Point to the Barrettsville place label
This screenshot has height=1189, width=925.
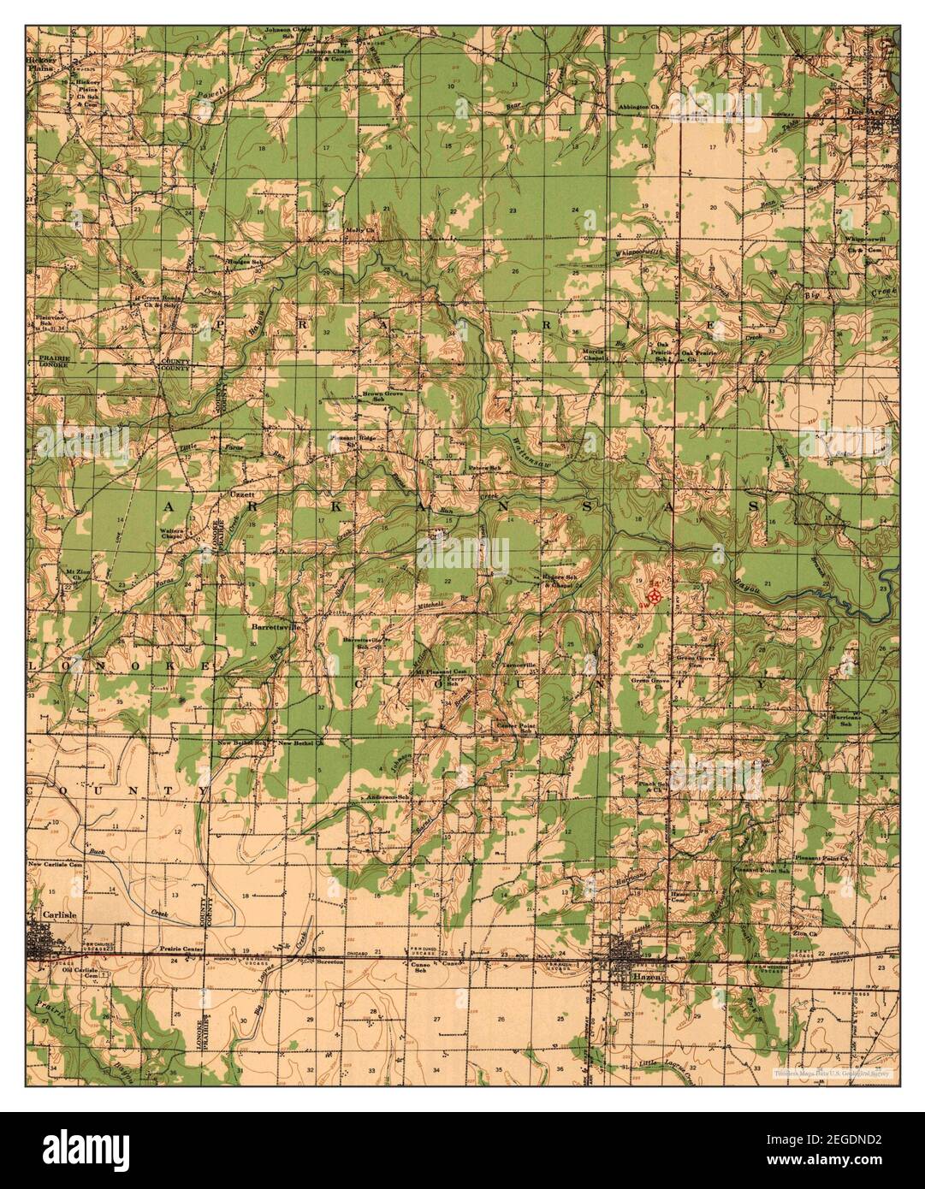(x=276, y=627)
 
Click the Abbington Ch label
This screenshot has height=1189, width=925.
(x=641, y=108)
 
